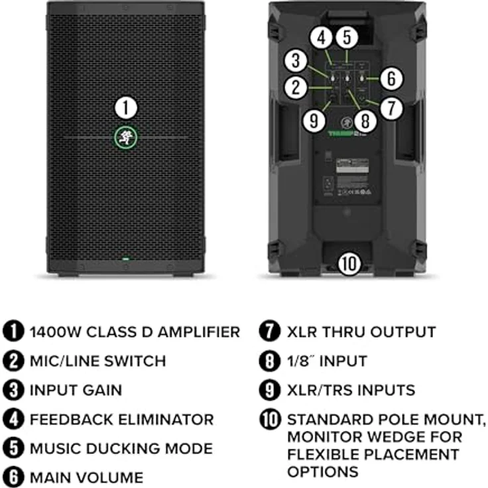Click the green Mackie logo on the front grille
tap(126, 137)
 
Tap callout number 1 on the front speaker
tap(126, 108)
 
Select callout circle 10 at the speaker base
tap(349, 263)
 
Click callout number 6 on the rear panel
tap(392, 79)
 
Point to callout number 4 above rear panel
tap(321, 38)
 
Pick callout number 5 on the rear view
tap(347, 38)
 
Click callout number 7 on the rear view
tap(392, 107)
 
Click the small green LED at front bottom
tap(126, 259)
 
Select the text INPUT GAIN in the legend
tap(76, 391)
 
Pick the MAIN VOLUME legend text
tap(86, 477)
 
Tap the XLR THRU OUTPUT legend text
tap(361, 332)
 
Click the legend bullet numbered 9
tap(269, 391)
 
